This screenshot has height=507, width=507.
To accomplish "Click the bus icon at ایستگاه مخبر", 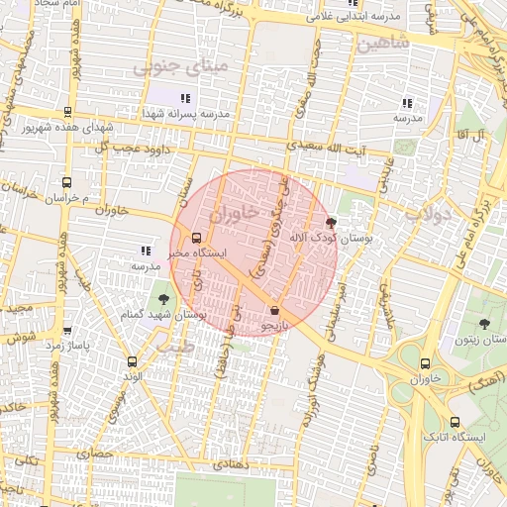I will tap(196, 238).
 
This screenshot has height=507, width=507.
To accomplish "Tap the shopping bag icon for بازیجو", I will tap(274, 310).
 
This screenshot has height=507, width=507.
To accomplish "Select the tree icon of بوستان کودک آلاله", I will tap(330, 224).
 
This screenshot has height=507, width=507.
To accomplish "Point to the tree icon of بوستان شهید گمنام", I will tap(163, 300).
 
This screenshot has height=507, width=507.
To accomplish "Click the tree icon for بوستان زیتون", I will tap(484, 324).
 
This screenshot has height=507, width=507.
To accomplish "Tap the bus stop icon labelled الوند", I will tap(133, 361).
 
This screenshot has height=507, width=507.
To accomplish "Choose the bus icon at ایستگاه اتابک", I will tap(455, 421).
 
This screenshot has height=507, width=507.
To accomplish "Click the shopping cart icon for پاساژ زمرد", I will tap(67, 331).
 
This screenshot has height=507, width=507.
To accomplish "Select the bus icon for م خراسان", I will tap(67, 182).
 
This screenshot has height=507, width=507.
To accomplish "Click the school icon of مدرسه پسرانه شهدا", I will tap(185, 97).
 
